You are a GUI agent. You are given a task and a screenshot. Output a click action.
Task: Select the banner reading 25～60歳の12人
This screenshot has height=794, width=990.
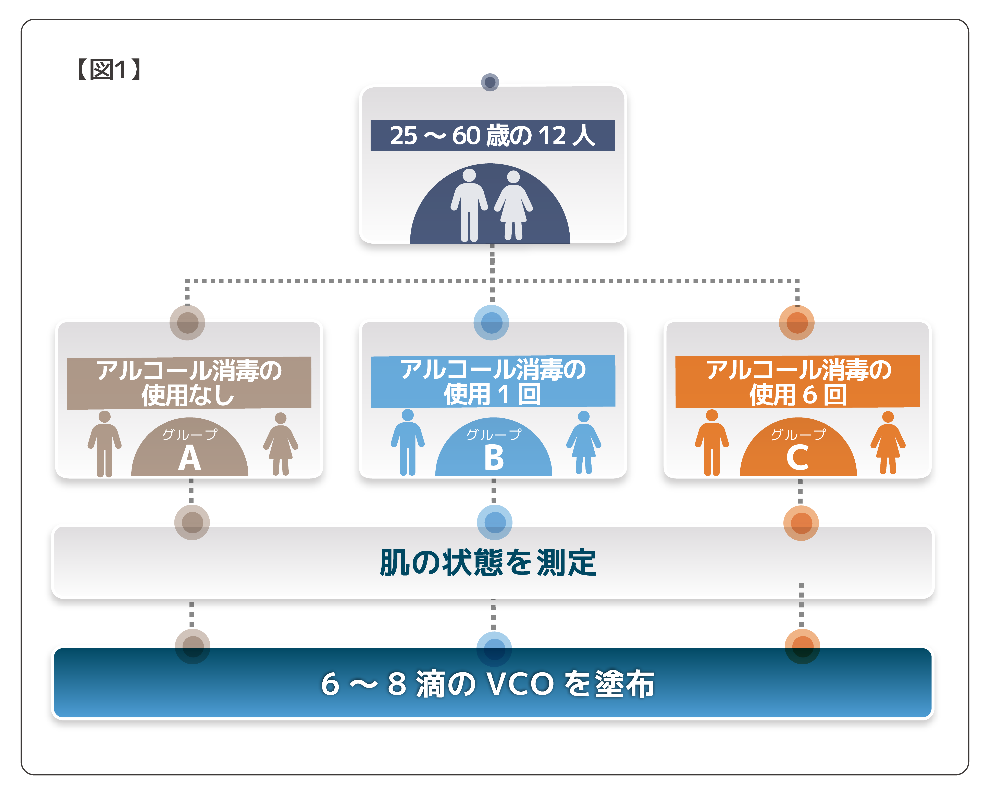492,135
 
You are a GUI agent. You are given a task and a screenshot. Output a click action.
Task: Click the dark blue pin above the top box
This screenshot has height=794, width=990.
490,82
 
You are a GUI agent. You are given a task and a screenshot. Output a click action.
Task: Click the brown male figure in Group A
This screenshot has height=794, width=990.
105,444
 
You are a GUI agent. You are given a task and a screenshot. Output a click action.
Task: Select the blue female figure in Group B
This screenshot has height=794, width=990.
584,442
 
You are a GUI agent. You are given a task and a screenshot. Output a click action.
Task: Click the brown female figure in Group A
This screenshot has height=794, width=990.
281,444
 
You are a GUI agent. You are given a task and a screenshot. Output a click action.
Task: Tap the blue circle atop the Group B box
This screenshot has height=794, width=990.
491,323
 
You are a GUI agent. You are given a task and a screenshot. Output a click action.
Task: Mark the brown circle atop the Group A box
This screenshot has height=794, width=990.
187,323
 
